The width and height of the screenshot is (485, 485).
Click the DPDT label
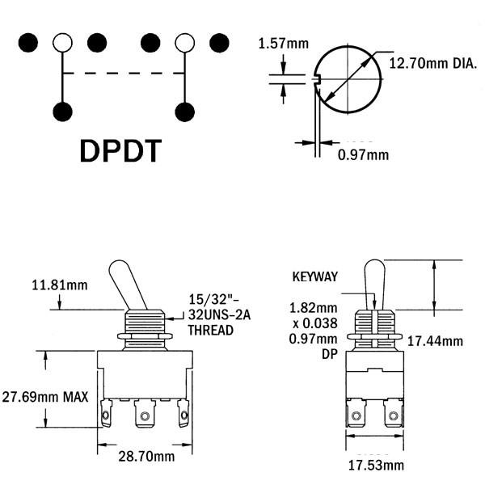coord(120,151)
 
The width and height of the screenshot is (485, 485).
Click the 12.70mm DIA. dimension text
coord(433,63)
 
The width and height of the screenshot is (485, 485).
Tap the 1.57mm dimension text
coord(284,44)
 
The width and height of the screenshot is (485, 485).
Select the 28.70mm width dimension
coord(146,457)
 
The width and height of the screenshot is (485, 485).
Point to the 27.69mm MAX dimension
coord(45,397)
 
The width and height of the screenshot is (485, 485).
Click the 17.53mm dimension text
coord(376,466)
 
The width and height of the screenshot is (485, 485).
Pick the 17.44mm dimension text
coord(435,341)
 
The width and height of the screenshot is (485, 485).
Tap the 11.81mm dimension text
coord(60,285)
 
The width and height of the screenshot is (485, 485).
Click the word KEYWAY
coord(315,276)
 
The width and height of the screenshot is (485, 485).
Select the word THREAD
coord(211,331)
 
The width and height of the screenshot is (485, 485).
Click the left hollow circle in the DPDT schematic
coord(62,43)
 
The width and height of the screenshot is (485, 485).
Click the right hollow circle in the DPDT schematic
coord(184,43)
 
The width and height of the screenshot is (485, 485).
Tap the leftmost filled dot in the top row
coord(28,43)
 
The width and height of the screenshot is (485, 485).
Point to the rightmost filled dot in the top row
coord(219,43)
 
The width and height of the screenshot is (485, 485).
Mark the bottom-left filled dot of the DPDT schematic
coord(62,112)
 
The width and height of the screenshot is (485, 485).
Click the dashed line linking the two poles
coord(124,74)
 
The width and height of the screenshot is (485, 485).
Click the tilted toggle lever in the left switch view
coord(127,285)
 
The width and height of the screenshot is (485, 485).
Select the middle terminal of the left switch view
coord(145,414)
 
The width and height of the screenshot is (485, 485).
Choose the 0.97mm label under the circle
coord(363,154)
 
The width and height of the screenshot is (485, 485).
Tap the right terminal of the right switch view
coord(394,413)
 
